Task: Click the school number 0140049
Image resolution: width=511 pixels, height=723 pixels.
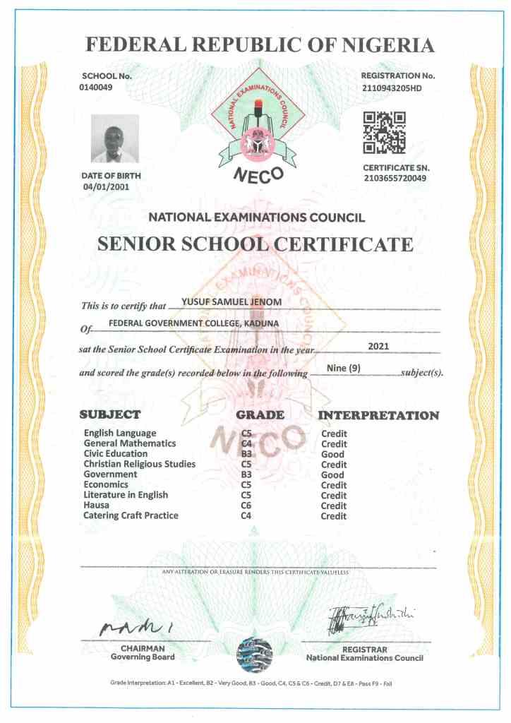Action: [x=97, y=87]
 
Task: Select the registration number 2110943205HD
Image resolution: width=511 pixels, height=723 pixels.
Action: [x=398, y=87]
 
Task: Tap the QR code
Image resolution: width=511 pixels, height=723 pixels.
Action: [x=384, y=133]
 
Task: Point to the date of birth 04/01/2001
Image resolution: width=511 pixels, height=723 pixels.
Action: [x=107, y=187]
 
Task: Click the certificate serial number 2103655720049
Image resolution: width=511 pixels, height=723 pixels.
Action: [x=395, y=179]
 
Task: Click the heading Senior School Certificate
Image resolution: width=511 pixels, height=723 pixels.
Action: [x=255, y=245]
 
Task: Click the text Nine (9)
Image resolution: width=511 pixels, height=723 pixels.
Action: [x=344, y=368]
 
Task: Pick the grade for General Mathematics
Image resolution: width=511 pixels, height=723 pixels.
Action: [x=246, y=443]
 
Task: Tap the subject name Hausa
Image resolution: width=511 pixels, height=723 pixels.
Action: [x=96, y=506]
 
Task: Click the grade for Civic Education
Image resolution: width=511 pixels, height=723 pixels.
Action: [x=246, y=454]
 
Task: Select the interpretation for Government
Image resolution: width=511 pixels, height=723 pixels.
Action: [x=332, y=474]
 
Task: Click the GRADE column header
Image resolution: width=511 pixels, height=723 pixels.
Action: [x=260, y=414]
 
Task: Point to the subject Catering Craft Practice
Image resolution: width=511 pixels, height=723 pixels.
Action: [x=131, y=515]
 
